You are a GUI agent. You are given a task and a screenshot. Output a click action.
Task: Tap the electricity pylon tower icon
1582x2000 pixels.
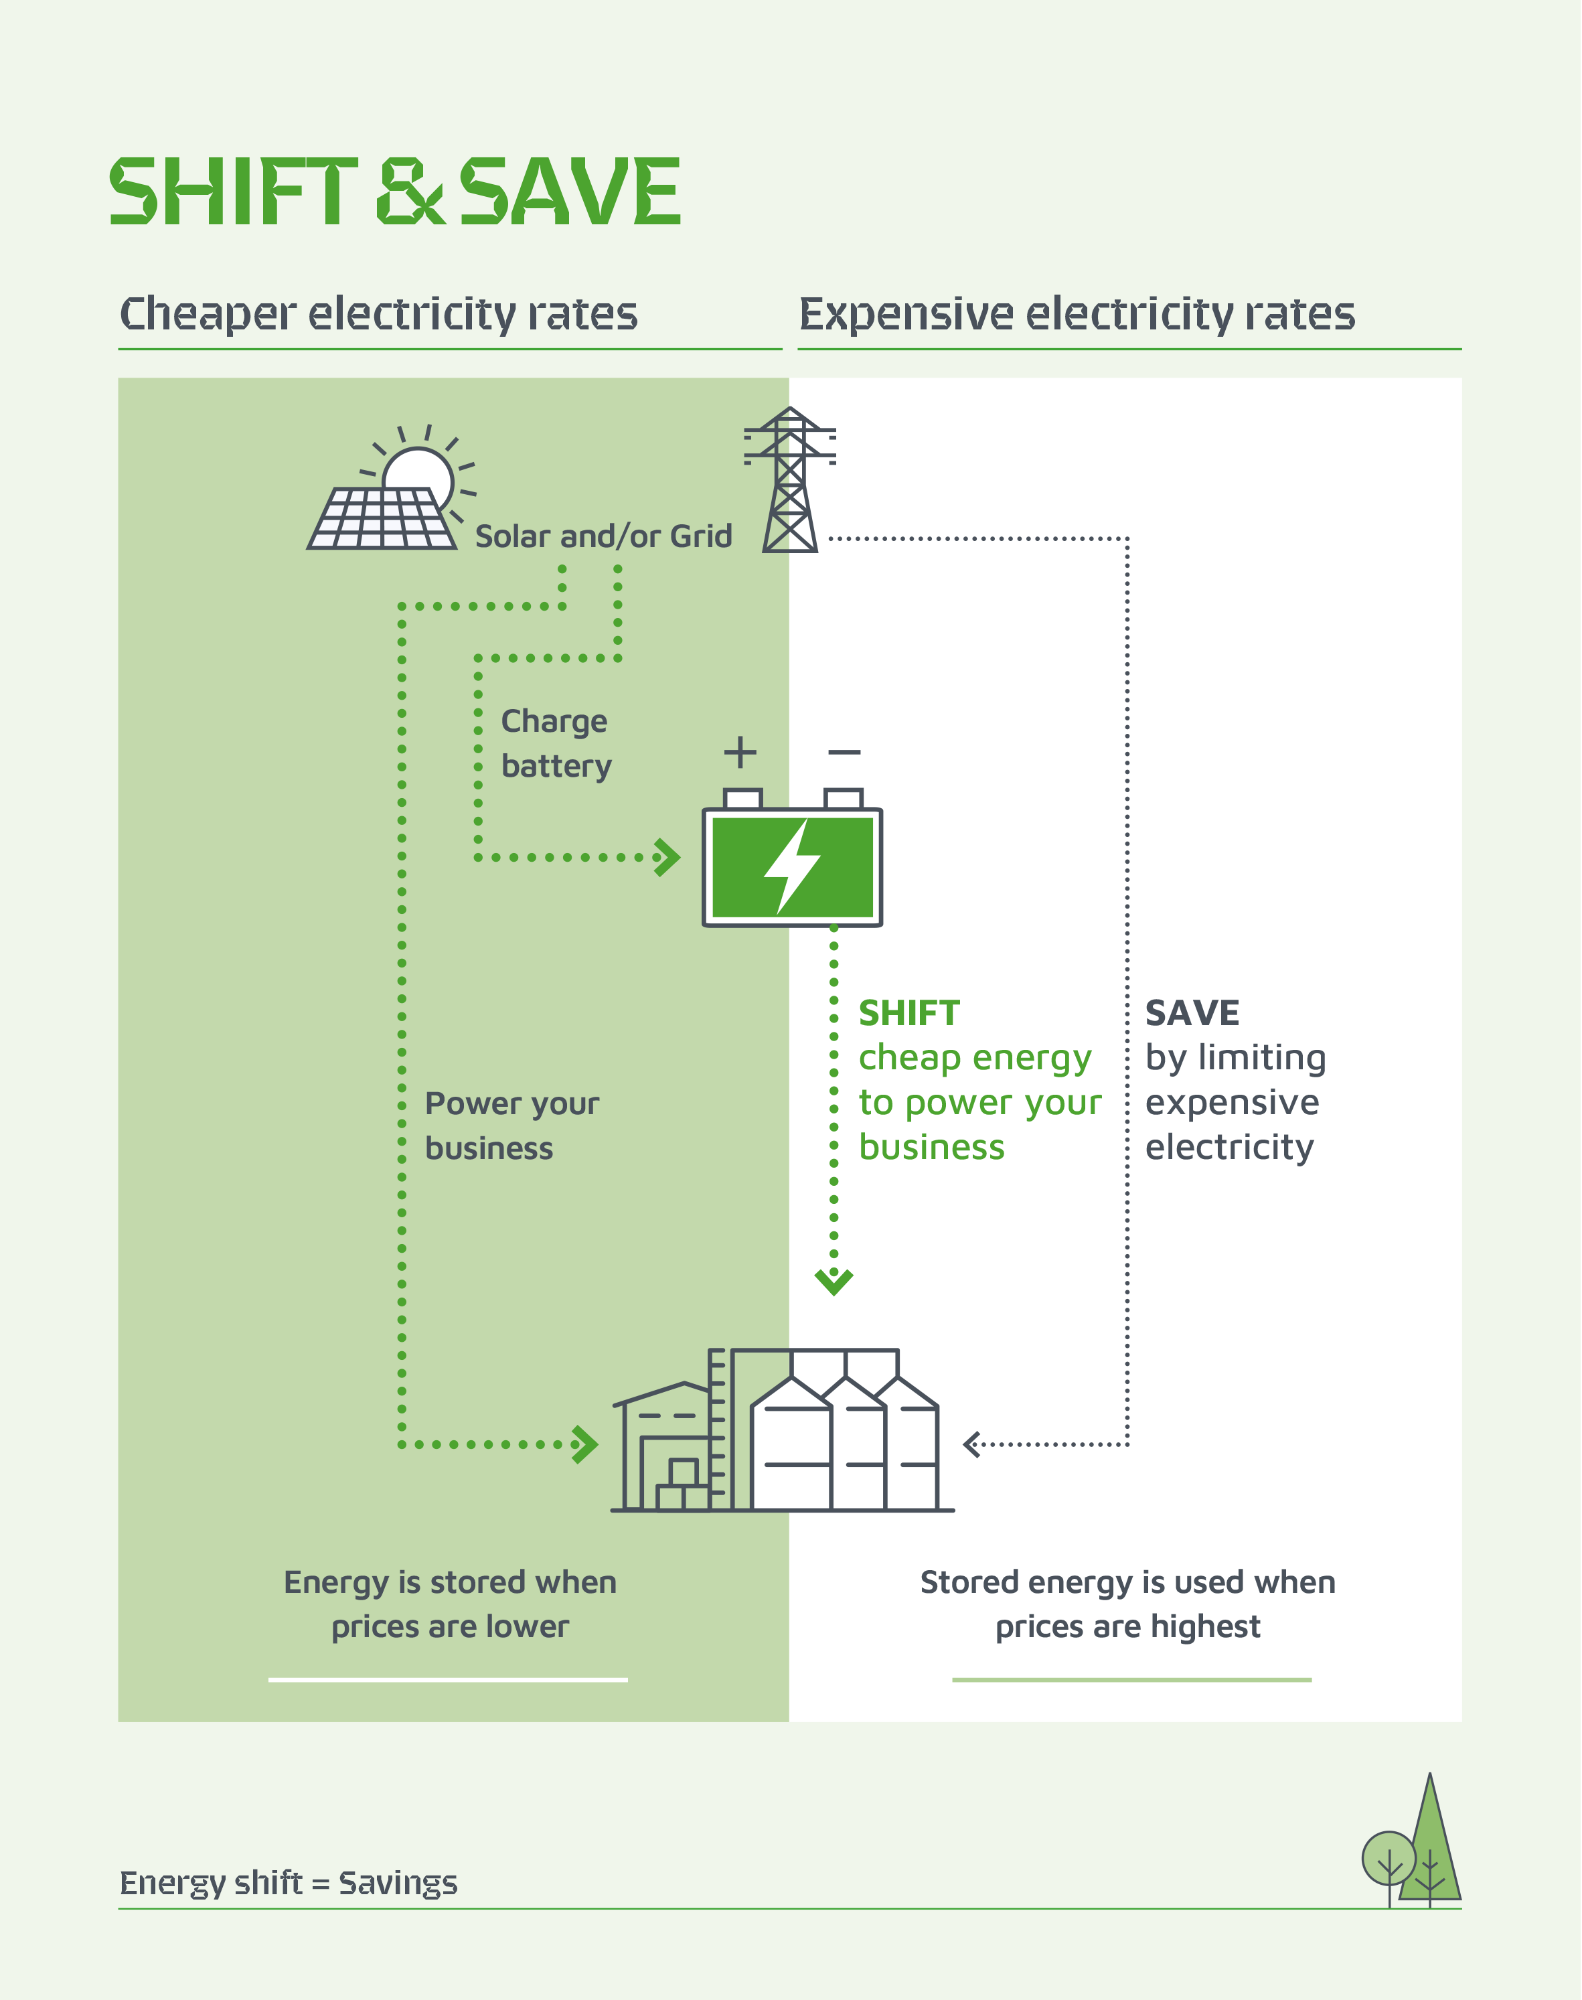(x=790, y=481)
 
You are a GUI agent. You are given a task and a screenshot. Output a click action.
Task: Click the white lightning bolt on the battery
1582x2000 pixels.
(x=792, y=867)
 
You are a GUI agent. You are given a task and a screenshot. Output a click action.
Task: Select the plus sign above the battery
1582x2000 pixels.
(x=740, y=751)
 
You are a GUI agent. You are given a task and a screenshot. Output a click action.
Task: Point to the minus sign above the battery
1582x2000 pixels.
(x=844, y=751)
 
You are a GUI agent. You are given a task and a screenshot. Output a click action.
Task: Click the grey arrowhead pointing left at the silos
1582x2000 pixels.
(x=971, y=1444)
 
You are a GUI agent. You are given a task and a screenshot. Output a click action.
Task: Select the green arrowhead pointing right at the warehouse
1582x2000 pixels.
(x=585, y=1444)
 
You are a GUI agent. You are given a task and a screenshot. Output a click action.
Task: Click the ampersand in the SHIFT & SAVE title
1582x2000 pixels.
(x=410, y=191)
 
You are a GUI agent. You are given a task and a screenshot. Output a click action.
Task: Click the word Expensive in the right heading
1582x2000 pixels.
(x=906, y=314)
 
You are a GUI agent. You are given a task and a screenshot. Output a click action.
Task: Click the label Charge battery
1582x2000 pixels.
(x=556, y=744)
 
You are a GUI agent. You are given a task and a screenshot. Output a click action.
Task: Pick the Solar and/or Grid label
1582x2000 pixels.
(x=603, y=536)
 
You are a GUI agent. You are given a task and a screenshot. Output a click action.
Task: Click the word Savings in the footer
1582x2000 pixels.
(x=398, y=1883)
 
